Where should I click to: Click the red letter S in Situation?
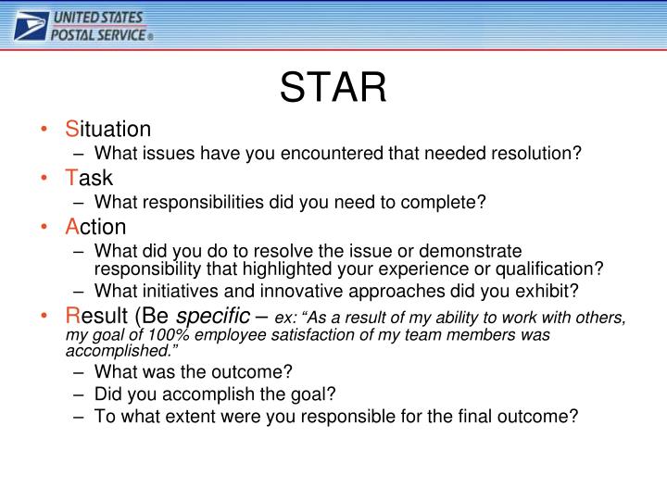point(70,128)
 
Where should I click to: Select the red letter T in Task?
point(69,178)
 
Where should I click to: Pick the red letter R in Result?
point(71,318)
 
